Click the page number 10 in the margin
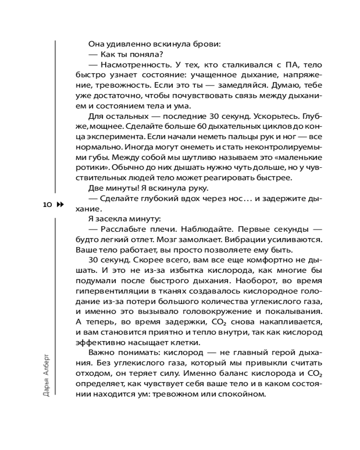(x=47, y=204)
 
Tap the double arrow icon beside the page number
(x=60, y=204)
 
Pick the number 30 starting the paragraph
(x=94, y=260)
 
